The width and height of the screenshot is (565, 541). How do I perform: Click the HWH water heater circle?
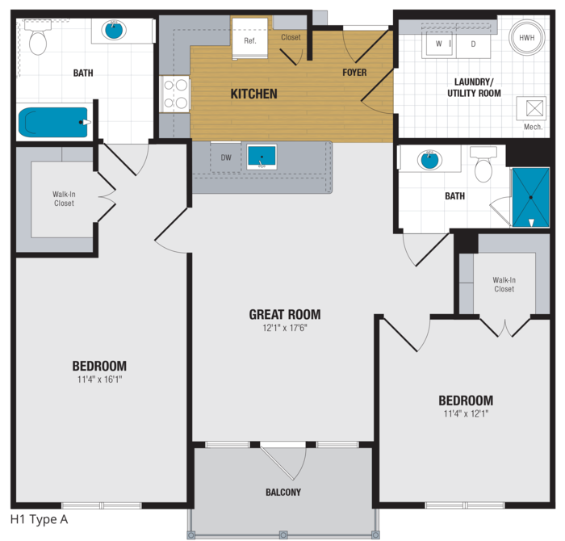pos(526,37)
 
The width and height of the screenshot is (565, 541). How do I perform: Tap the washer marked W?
pos(439,44)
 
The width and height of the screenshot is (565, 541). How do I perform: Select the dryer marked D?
pos(473,44)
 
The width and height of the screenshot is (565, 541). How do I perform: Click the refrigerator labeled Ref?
pos(249,38)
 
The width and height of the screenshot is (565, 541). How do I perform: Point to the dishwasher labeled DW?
pos(226,157)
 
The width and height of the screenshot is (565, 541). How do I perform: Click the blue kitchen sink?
pos(262,157)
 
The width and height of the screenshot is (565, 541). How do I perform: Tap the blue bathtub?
pos(53,122)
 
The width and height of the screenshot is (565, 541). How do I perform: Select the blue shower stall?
pos(531,198)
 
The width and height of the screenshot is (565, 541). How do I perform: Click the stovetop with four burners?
pos(175,94)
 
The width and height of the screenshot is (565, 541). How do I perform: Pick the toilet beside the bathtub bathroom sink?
pos(38,38)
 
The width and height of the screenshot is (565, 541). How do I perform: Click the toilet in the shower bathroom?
pos(483,164)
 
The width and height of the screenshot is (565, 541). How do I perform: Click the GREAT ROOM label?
pos(285,314)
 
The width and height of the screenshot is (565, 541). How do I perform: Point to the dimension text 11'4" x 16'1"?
pos(100,380)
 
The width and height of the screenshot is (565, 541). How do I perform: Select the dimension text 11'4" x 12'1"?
pos(466,413)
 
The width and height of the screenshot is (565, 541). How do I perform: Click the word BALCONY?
pos(283,492)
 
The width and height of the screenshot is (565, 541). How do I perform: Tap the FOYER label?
pos(354,73)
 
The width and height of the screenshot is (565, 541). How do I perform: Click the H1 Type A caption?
pos(40,519)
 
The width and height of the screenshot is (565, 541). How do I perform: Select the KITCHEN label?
pos(254,94)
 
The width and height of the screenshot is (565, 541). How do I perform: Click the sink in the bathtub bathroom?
pos(114,30)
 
